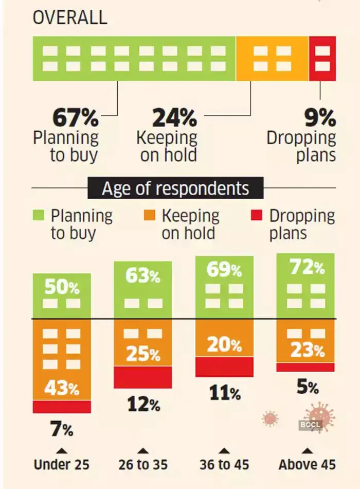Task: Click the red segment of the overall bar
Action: click(322, 58)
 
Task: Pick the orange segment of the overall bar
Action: click(272, 58)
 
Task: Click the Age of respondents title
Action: click(175, 188)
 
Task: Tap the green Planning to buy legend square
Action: click(40, 214)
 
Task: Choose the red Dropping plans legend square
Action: click(258, 214)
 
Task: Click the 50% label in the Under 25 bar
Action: click(62, 287)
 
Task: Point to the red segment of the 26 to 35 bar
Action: click(143, 377)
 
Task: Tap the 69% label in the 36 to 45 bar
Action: click(224, 270)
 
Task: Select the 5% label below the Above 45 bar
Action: click(307, 387)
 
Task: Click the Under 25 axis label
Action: click(62, 464)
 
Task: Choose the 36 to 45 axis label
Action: click(224, 464)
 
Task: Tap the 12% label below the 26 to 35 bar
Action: click(143, 405)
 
